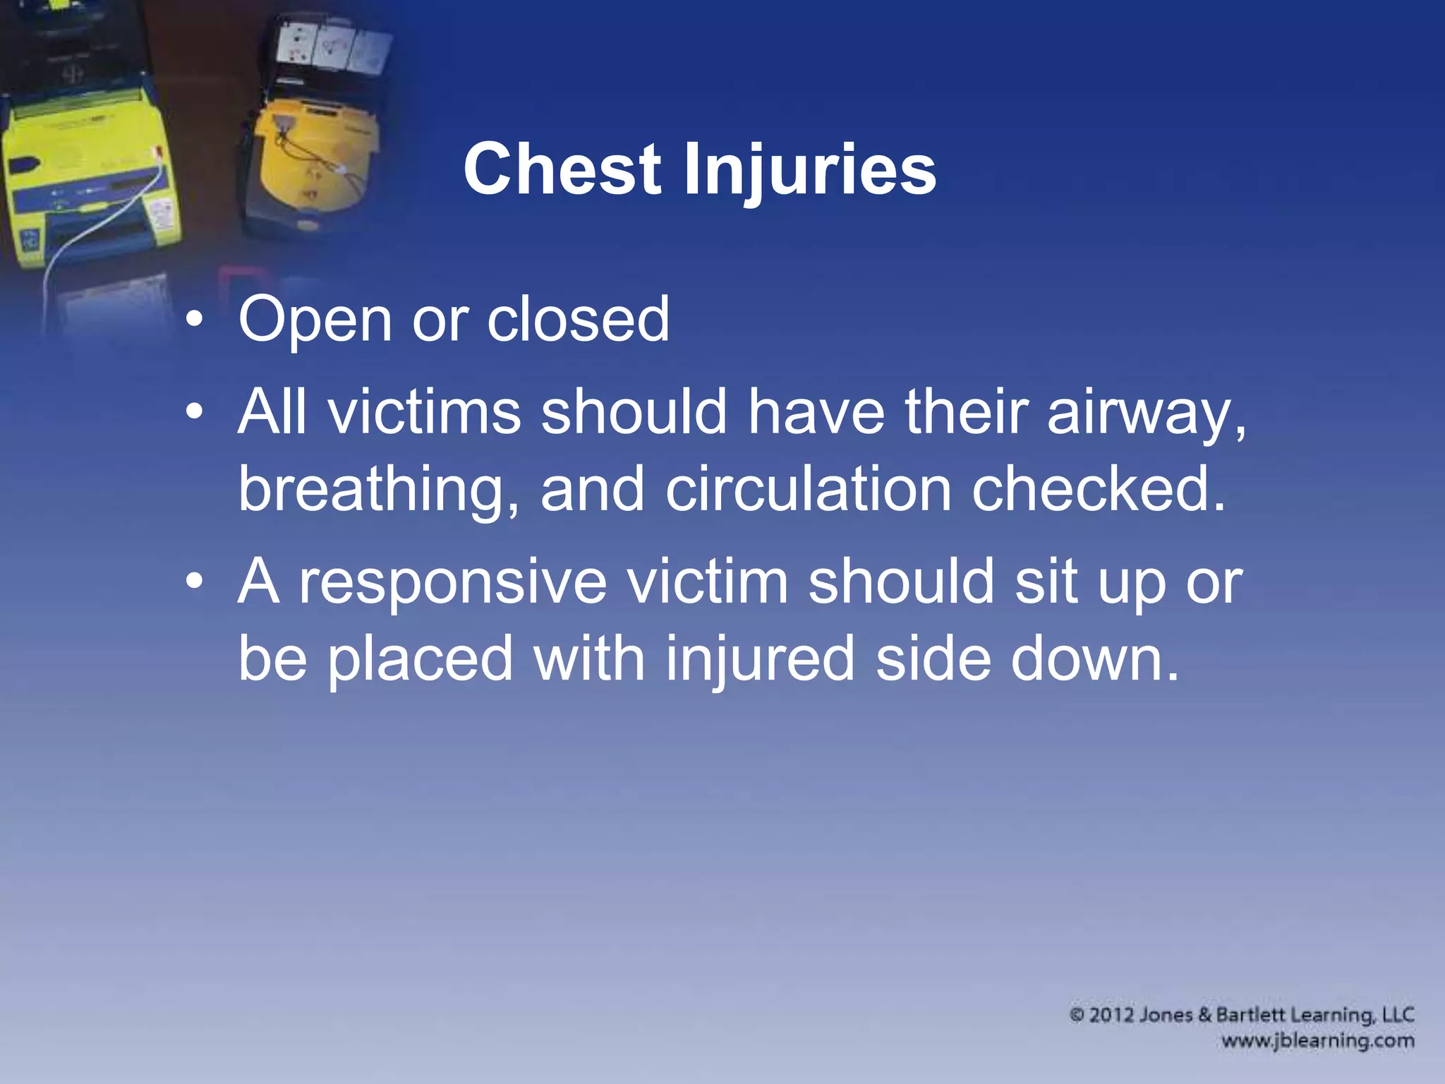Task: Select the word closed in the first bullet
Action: click(x=578, y=319)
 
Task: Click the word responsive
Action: click(x=452, y=583)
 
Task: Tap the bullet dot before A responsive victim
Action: click(x=195, y=583)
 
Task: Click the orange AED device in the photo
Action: click(x=315, y=166)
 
